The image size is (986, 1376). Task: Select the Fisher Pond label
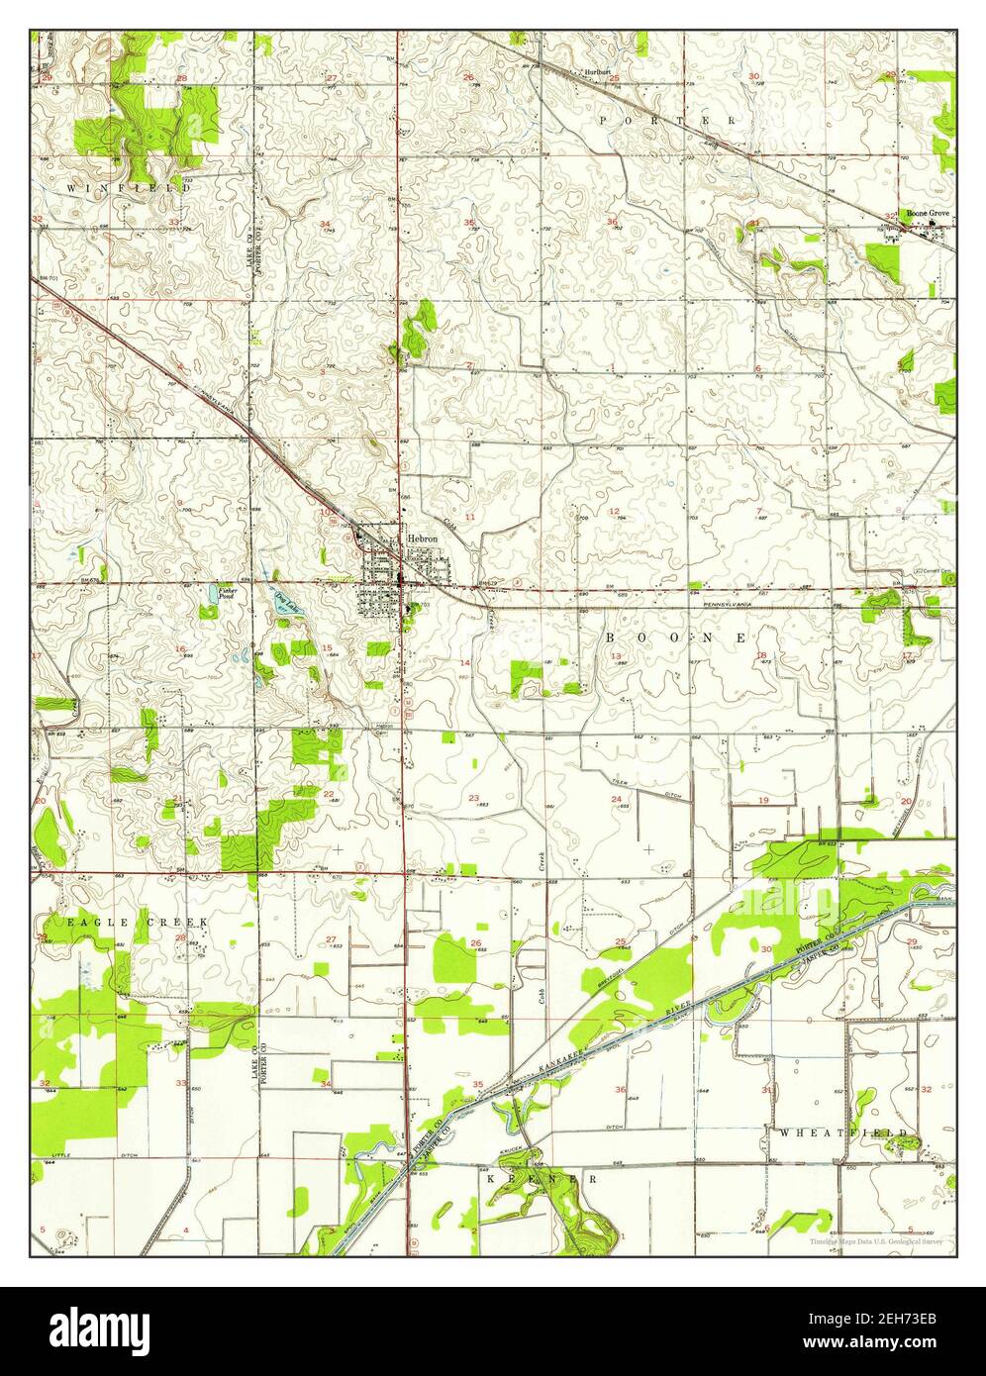tap(226, 594)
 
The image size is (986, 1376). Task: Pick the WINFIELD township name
tap(129, 186)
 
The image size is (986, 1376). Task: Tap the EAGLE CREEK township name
tap(137, 922)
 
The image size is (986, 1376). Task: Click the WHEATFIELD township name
tap(843, 1130)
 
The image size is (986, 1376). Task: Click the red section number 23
tap(473, 799)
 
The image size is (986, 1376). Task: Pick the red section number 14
tap(464, 662)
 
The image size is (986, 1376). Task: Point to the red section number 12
tap(614, 512)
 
